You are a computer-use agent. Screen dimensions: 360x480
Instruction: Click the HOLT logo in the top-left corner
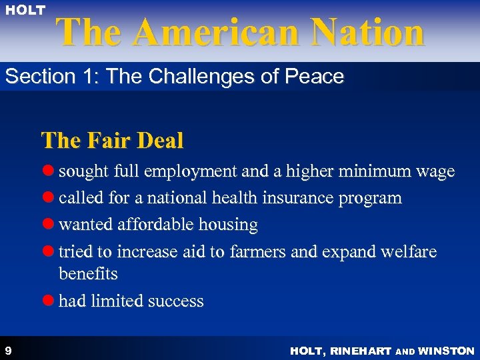pos(27,10)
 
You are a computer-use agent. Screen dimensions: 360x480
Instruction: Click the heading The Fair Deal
pos(112,141)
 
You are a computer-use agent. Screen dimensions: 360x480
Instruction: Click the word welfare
pos(407,251)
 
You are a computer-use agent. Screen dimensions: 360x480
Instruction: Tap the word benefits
pos(88,274)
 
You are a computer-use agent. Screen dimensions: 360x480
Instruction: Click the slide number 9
pos(7,350)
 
